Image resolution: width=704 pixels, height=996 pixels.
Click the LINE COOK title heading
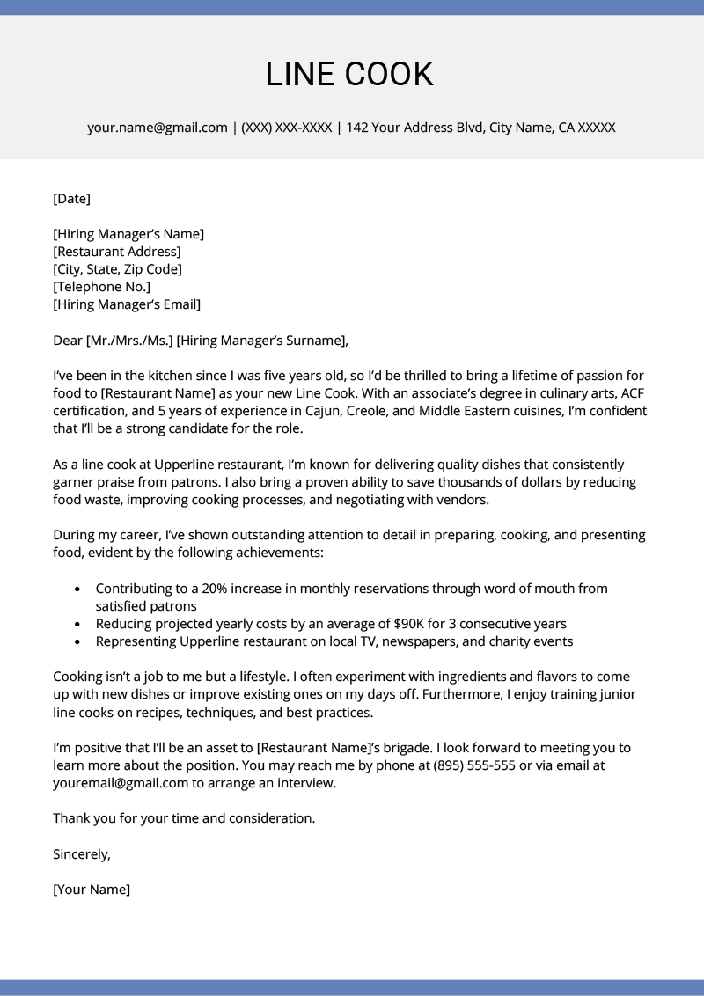(350, 75)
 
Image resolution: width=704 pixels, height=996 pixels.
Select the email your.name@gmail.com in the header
(158, 128)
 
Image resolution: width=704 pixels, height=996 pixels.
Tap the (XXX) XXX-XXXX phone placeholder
(286, 128)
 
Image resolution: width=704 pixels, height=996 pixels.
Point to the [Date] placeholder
(71, 199)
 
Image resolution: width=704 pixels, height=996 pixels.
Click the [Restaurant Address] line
(117, 252)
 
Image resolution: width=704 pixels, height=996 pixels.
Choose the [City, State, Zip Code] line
(117, 269)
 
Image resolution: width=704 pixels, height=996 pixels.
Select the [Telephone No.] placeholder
(101, 287)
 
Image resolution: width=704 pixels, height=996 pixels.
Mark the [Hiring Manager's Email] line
(127, 304)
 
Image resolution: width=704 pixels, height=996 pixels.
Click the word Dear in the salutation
(68, 341)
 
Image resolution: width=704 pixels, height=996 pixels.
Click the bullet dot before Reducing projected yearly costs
(77, 624)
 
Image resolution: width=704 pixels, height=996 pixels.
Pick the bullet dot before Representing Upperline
(77, 641)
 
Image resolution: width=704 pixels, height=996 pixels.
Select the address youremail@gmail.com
(121, 783)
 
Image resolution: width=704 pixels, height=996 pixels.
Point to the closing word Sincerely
(82, 853)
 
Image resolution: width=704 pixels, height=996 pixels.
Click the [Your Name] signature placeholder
(92, 890)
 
